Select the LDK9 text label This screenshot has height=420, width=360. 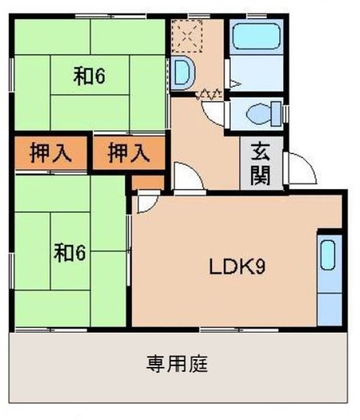237,267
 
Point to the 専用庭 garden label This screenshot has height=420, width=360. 177,365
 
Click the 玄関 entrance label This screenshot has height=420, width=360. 260,164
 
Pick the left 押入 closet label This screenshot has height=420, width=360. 51,153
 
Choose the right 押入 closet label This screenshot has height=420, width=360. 129,153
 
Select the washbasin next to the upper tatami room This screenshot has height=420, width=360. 183,73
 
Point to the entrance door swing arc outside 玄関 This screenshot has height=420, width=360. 300,169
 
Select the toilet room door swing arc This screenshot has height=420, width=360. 214,111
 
